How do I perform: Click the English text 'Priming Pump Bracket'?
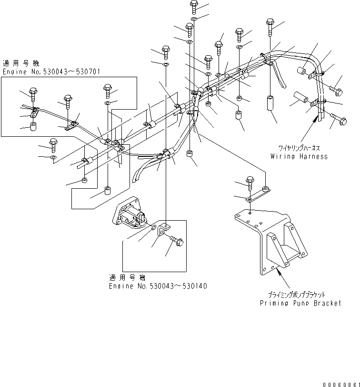[x=300, y=303]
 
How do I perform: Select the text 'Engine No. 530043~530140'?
[x=158, y=286]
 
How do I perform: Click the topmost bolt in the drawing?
[x=194, y=6]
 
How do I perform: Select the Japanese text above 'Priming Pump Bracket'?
[x=300, y=295]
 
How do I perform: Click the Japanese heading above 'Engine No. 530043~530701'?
[x=21, y=63]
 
